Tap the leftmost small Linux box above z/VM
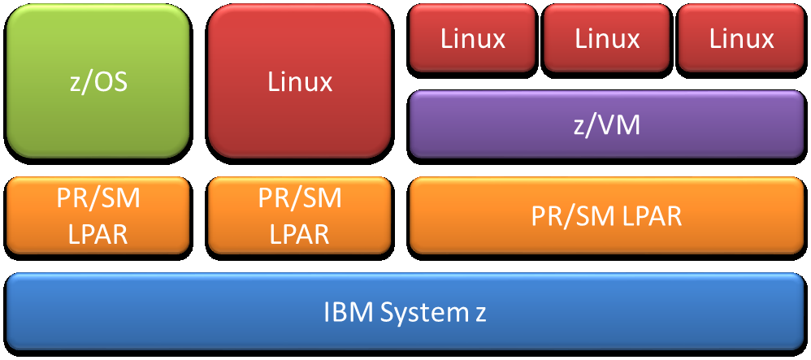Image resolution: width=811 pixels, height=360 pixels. tap(473, 38)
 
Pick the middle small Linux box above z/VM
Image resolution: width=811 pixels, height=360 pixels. tap(607, 38)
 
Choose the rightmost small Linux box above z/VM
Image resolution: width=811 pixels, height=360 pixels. tap(741, 38)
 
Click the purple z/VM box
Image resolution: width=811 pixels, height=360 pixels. tap(606, 124)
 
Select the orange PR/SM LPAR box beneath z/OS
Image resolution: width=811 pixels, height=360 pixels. tap(98, 216)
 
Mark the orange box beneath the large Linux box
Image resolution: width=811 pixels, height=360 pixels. tap(300, 216)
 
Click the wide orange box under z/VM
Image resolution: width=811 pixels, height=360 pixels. tap(606, 216)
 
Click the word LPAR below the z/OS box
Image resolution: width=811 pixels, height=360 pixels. tap(98, 234)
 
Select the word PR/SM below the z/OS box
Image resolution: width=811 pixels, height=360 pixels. tap(98, 199)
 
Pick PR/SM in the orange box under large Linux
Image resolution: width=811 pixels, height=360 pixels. tap(300, 199)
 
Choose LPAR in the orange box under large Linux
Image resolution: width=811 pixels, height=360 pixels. tap(300, 234)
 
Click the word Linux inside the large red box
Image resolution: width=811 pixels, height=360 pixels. tap(300, 82)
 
